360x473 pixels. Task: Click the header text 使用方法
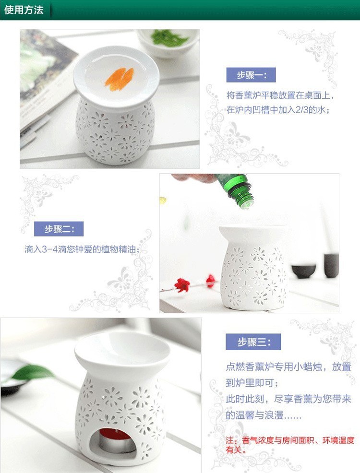point(24,10)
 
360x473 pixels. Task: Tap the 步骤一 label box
point(250,75)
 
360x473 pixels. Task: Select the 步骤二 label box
point(59,229)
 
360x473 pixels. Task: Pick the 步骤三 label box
point(253,342)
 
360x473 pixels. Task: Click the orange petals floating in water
point(119,79)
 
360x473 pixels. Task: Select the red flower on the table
point(182,285)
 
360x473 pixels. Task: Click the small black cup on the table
point(303,271)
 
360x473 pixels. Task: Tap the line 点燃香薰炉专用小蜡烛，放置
point(288,367)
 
